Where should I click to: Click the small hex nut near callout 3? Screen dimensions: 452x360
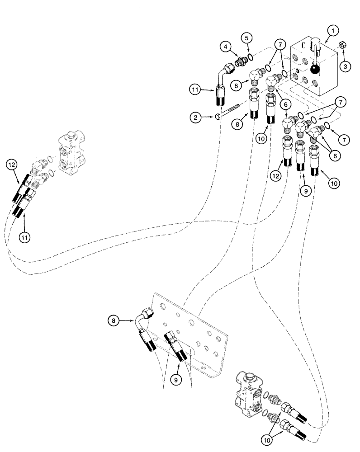tap(342, 46)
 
